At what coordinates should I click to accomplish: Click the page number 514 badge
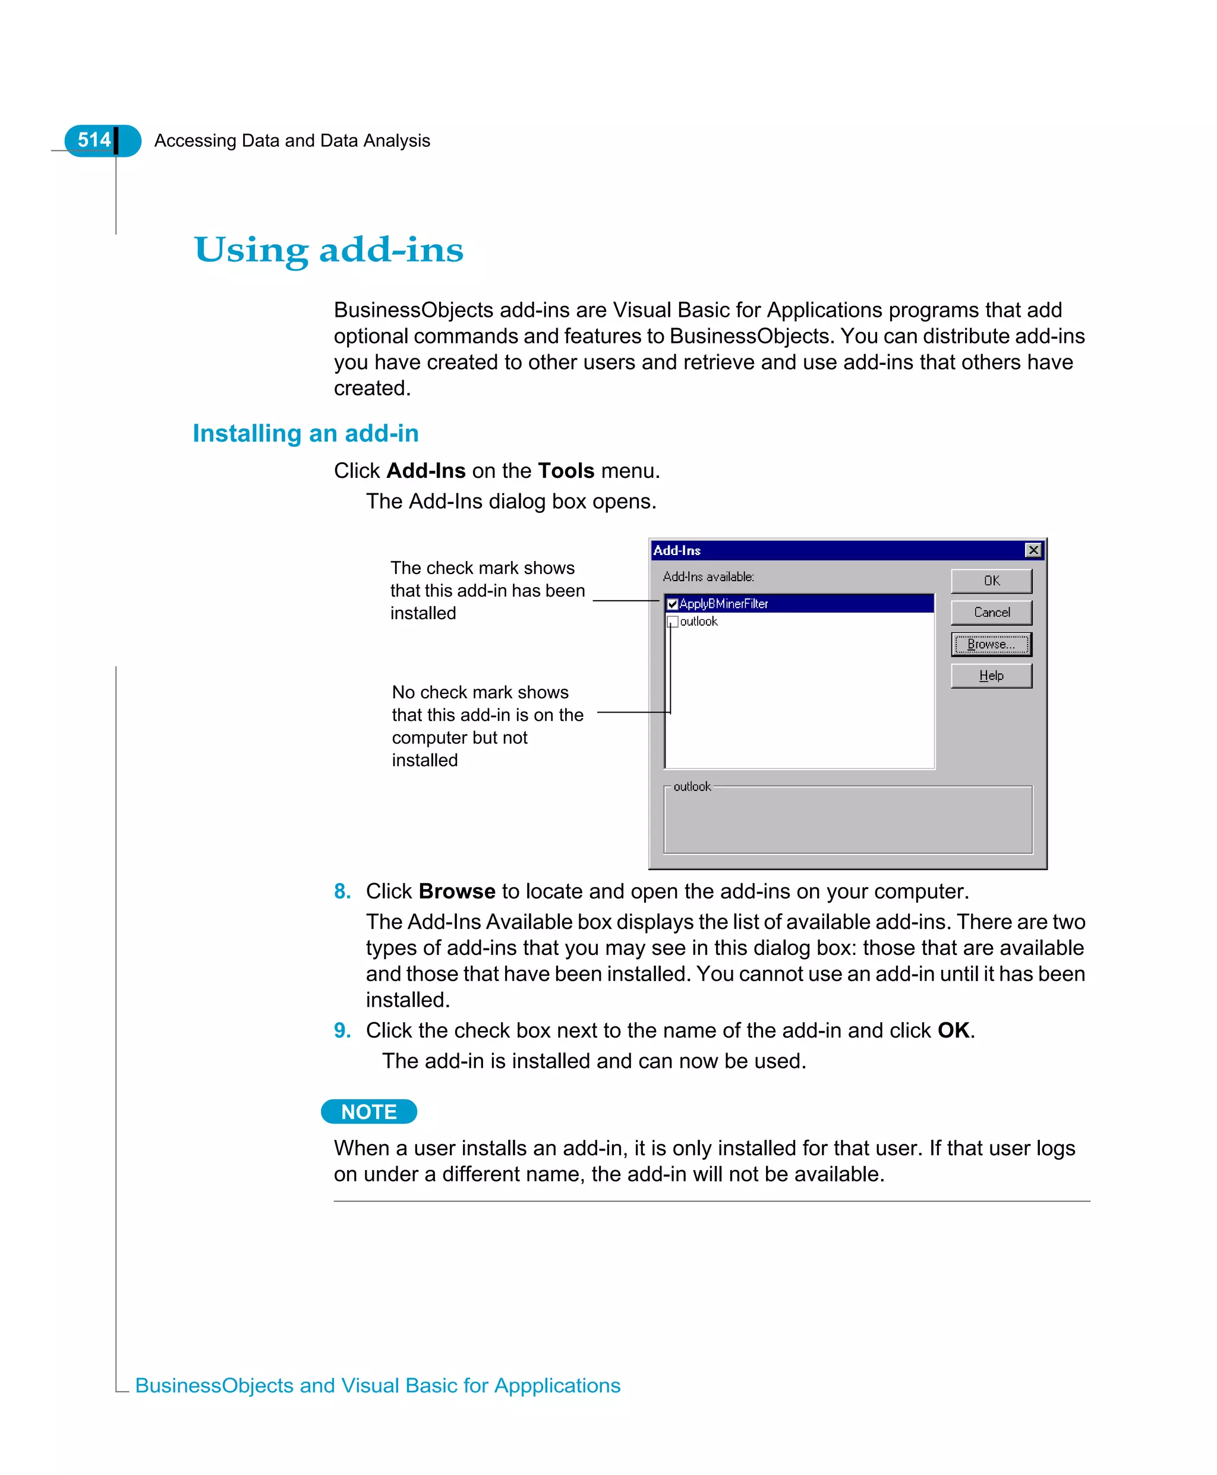tap(94, 140)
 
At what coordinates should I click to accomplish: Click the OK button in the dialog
tap(991, 581)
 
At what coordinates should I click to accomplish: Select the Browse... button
tap(991, 644)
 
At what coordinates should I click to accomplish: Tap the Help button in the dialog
tap(991, 675)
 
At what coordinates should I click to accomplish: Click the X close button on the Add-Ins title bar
tap(1033, 550)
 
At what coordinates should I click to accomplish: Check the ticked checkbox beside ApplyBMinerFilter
tap(672, 604)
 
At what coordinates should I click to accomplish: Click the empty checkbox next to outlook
tap(672, 621)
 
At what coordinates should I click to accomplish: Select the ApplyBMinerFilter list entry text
tap(723, 604)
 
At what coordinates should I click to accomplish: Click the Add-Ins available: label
tap(708, 577)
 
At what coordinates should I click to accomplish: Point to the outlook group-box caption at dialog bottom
tap(692, 787)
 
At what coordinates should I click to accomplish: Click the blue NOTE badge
tap(369, 1112)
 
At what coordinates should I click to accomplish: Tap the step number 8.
tap(342, 891)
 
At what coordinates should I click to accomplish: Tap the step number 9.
tap(342, 1030)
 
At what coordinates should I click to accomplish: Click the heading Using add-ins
tap(329, 250)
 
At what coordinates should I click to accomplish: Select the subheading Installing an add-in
tap(305, 433)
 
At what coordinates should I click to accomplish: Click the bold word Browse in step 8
tap(457, 891)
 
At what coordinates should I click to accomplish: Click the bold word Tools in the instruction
tap(566, 471)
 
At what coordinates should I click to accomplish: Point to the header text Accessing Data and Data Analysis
tap(292, 141)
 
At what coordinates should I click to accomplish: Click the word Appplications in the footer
tap(557, 1385)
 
